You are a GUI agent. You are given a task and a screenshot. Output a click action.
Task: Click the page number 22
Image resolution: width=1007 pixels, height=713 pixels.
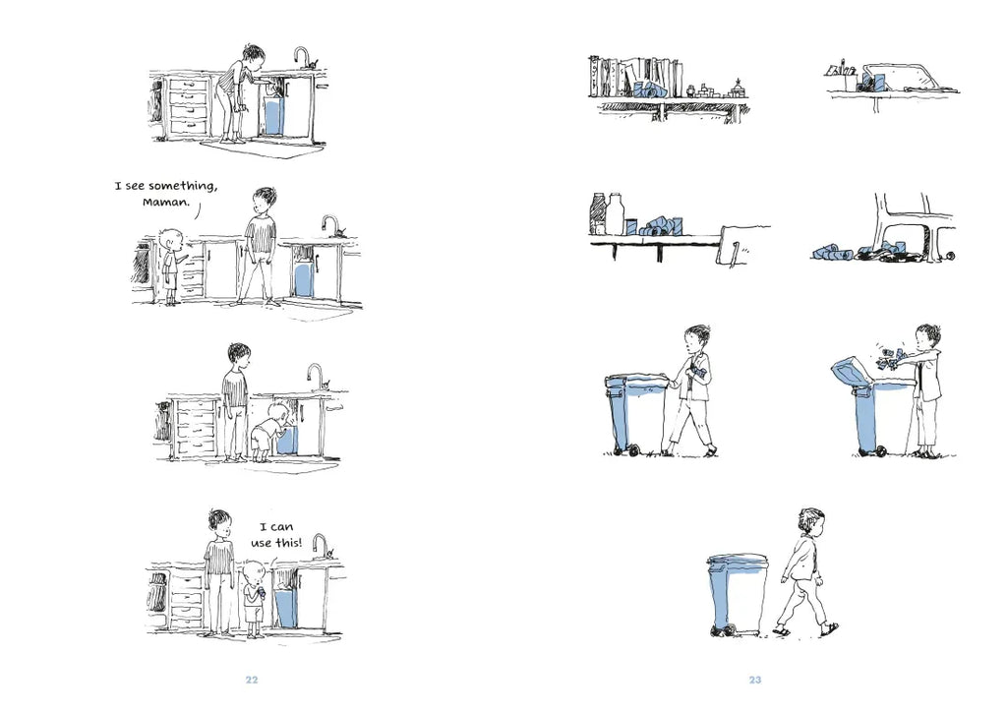(x=252, y=680)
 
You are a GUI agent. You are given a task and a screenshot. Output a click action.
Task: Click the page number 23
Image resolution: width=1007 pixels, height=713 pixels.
(x=755, y=680)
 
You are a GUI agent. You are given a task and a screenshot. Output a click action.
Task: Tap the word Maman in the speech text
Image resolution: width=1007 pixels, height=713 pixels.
(x=166, y=203)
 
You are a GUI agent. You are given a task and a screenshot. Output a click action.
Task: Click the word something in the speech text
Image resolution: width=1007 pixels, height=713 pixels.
(x=183, y=186)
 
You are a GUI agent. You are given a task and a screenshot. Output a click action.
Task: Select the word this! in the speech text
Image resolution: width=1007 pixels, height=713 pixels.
(x=288, y=543)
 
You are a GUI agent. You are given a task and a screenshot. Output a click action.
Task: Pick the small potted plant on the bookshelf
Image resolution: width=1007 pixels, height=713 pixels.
(x=739, y=87)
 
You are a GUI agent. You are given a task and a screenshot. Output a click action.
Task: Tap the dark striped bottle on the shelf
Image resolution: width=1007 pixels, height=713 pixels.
(x=599, y=214)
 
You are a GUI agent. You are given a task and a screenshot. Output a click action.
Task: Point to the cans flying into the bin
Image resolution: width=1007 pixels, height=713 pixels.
(x=889, y=359)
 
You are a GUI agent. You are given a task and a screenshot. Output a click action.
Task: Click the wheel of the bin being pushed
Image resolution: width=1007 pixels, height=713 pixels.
(x=634, y=450)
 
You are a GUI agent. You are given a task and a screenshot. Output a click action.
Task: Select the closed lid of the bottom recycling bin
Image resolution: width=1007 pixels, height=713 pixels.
(x=737, y=561)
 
